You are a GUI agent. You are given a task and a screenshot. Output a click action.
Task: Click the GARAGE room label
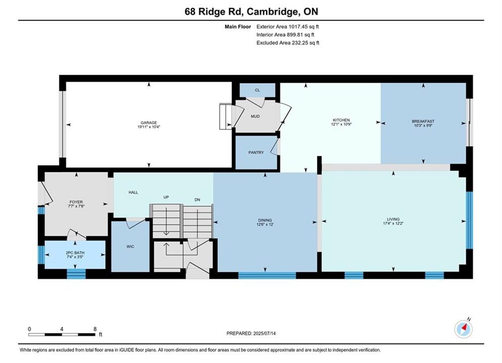149,123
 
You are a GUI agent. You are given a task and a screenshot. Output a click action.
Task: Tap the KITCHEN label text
341,120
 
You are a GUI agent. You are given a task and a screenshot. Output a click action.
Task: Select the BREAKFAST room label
423,121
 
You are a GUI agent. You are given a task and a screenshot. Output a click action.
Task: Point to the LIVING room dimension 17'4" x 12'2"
393,223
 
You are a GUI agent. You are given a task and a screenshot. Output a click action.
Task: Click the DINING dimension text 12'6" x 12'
265,224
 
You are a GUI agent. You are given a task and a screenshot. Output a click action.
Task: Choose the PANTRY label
256,153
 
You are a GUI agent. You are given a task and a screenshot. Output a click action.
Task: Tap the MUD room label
255,116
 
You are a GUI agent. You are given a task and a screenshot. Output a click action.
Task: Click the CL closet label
257,90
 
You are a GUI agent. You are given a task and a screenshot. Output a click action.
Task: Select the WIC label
130,247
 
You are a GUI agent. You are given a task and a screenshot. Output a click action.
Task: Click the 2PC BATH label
75,253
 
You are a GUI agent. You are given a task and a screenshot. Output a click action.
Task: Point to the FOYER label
76,202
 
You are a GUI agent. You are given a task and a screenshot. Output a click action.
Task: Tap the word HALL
133,192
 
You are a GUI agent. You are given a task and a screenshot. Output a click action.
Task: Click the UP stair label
166,197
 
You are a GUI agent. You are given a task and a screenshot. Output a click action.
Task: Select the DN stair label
197,200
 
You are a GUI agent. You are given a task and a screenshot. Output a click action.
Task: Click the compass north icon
464,328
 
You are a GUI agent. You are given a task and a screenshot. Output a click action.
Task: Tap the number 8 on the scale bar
95,329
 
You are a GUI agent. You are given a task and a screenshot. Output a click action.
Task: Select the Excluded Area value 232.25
300,43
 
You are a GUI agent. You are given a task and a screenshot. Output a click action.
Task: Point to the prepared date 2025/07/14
264,333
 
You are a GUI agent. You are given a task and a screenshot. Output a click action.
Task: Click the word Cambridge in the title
272,12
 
